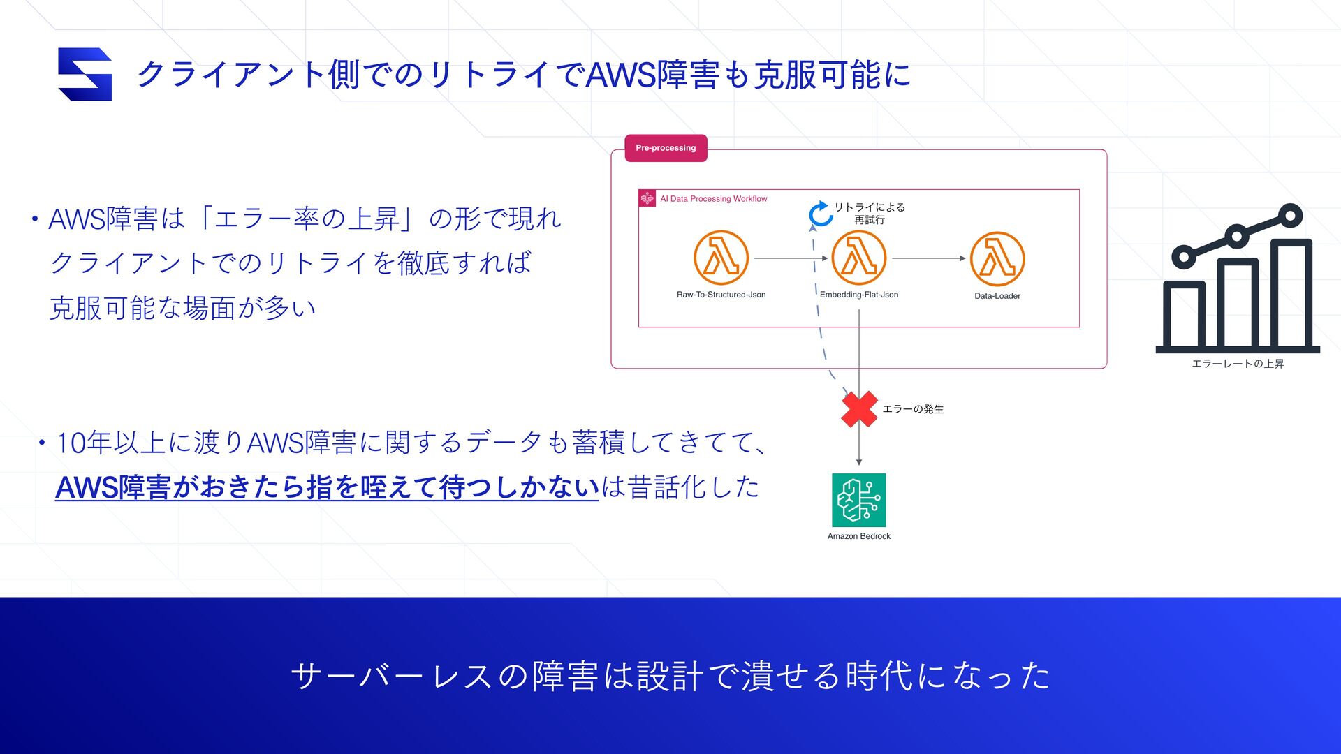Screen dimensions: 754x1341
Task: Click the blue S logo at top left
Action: click(85, 74)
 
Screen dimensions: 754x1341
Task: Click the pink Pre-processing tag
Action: click(666, 148)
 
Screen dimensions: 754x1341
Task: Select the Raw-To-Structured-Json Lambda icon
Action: click(721, 258)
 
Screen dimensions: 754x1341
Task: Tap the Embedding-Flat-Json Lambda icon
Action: click(858, 258)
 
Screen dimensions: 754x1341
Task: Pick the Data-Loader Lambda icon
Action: click(997, 258)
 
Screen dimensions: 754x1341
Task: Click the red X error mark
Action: click(859, 409)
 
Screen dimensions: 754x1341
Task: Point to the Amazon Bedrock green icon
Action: click(858, 500)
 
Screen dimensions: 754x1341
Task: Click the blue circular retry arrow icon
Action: click(819, 214)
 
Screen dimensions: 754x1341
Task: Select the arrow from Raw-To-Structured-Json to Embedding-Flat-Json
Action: click(790, 258)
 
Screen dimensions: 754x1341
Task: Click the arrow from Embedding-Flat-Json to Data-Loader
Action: click(928, 258)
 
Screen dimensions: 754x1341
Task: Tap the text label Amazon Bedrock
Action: click(858, 536)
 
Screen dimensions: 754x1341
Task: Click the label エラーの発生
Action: click(913, 409)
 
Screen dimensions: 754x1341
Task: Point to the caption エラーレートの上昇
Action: click(1237, 364)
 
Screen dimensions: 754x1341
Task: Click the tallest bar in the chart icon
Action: click(1291, 293)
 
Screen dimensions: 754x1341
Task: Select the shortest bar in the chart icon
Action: click(1184, 314)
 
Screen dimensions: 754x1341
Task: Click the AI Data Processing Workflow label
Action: click(713, 199)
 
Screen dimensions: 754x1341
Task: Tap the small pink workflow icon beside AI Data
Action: click(647, 199)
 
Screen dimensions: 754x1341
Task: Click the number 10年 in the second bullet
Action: click(84, 443)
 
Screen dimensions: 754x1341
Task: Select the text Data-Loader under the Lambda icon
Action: click(997, 296)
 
